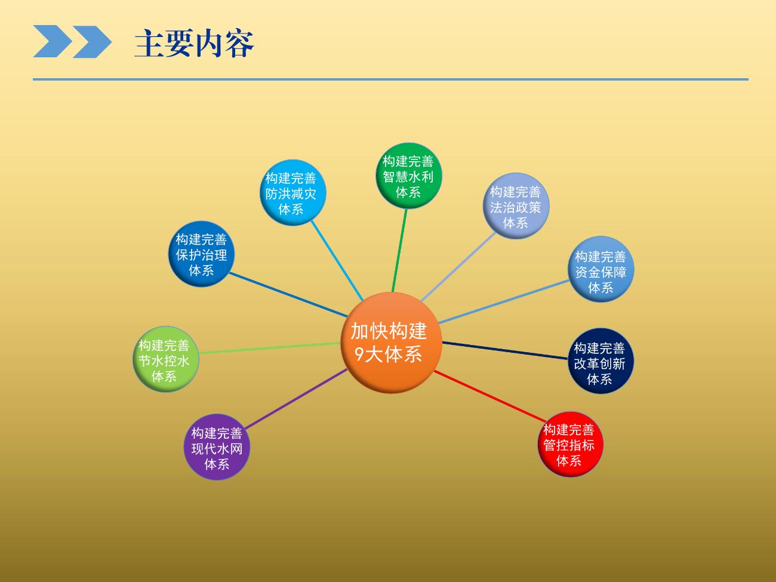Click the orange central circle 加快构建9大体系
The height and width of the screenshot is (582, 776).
click(x=392, y=343)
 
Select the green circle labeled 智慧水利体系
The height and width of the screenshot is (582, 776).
click(x=409, y=175)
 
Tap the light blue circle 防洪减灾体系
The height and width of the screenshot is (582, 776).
click(x=292, y=193)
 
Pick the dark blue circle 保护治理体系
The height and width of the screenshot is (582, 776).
click(x=201, y=254)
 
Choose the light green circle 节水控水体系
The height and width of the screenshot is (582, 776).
click(x=166, y=359)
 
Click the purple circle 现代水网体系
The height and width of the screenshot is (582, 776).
click(x=217, y=447)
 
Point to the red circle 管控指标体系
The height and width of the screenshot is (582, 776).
click(x=570, y=444)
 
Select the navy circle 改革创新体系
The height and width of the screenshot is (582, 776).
click(x=601, y=361)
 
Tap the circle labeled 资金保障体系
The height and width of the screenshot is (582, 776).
click(x=601, y=269)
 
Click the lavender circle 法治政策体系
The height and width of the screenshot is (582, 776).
click(x=516, y=206)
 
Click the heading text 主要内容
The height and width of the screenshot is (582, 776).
click(x=194, y=43)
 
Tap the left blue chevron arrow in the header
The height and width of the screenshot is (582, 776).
click(x=53, y=41)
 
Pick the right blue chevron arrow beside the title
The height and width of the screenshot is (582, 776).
click(x=93, y=42)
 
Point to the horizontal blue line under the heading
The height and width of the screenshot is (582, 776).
click(x=390, y=79)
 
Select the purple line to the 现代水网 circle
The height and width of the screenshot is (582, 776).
click(x=295, y=399)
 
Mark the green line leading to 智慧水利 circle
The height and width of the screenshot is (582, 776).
click(x=399, y=250)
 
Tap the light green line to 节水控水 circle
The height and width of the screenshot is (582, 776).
click(x=269, y=348)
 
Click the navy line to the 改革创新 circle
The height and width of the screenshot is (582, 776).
click(x=505, y=350)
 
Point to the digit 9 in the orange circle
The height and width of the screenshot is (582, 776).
click(x=359, y=354)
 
